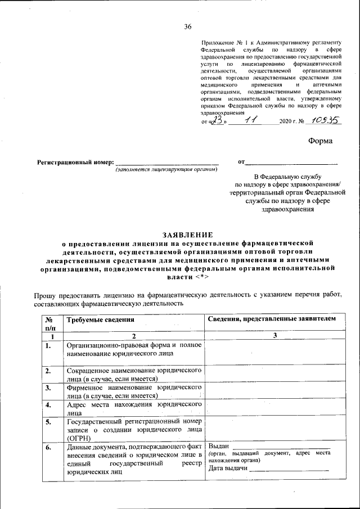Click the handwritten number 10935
click(327, 120)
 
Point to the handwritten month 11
click(249, 120)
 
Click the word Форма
click(320, 141)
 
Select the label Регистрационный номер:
click(75, 162)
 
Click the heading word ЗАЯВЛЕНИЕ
click(187, 235)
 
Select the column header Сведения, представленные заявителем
click(272, 319)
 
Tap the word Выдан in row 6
click(219, 447)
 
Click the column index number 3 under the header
click(274, 336)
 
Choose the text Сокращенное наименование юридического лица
click(134, 375)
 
